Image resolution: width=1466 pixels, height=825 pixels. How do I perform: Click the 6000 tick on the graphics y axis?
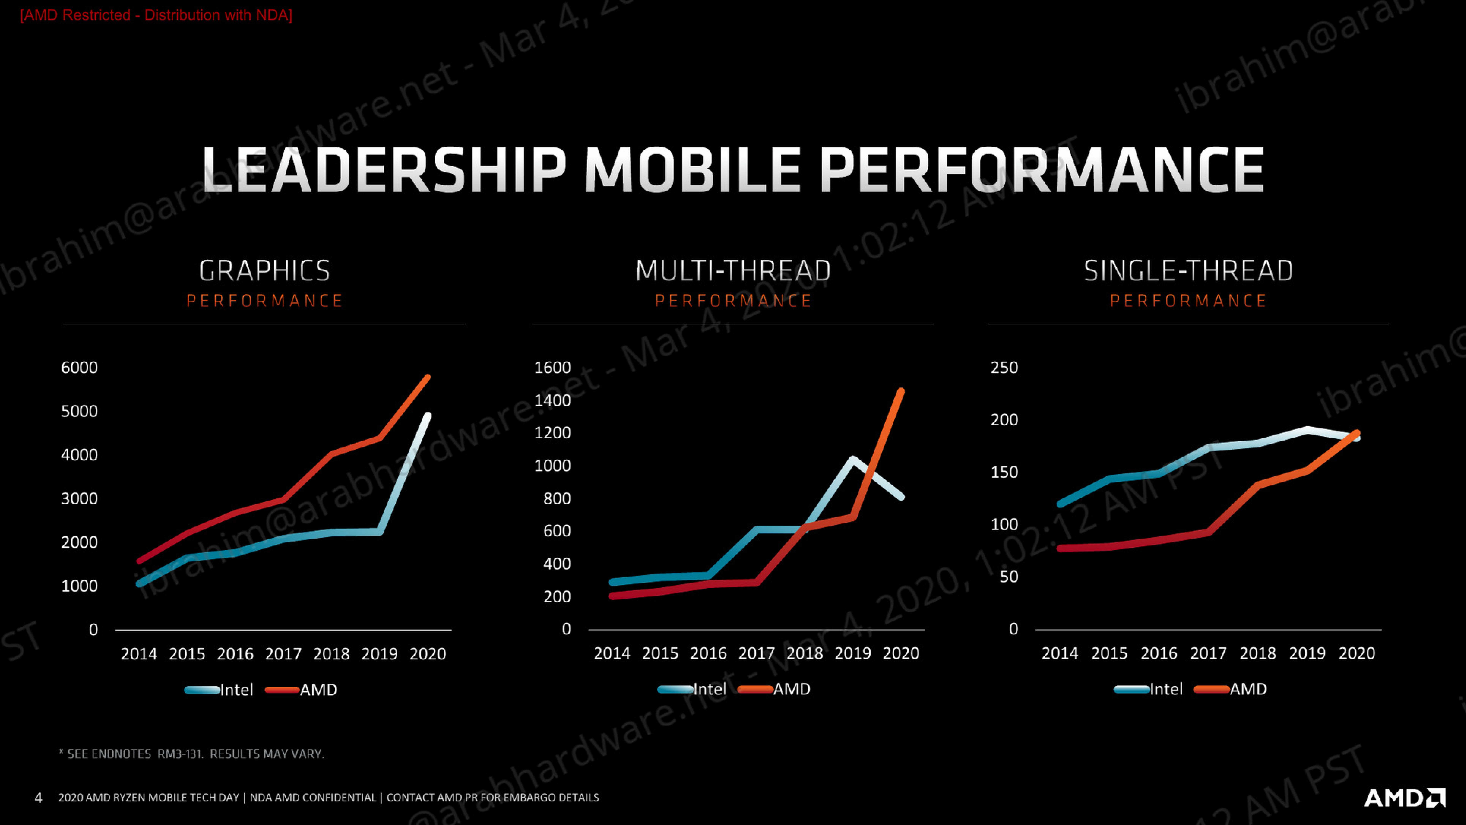80,368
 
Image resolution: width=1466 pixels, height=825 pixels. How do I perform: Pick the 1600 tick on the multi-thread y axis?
553,368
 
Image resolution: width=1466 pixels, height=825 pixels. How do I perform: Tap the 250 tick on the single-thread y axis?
1004,368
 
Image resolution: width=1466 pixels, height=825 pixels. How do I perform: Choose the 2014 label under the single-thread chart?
1060,653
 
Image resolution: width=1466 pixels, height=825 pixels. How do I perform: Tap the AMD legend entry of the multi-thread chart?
774,689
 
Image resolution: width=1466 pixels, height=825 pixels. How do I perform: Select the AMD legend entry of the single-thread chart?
1230,689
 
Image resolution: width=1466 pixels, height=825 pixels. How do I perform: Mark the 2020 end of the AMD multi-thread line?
901,391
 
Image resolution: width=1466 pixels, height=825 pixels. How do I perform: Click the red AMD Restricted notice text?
156,15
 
